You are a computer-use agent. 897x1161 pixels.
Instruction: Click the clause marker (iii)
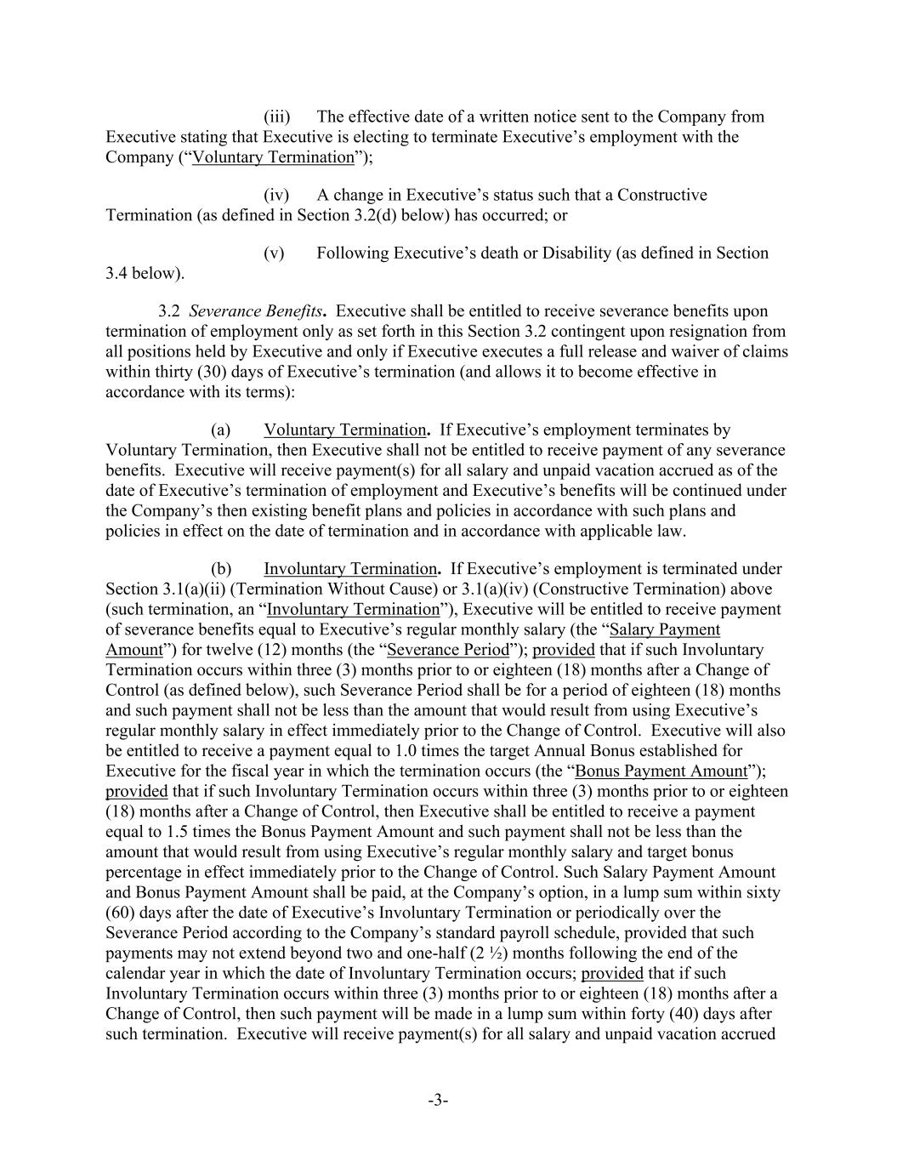point(277,117)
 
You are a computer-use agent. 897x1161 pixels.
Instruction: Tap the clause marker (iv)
point(276,195)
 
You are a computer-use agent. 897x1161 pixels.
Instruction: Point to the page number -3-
point(438,1101)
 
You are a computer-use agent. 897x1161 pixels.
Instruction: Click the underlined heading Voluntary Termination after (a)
point(345,430)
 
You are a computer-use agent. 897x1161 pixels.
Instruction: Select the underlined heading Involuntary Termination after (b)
point(349,568)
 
